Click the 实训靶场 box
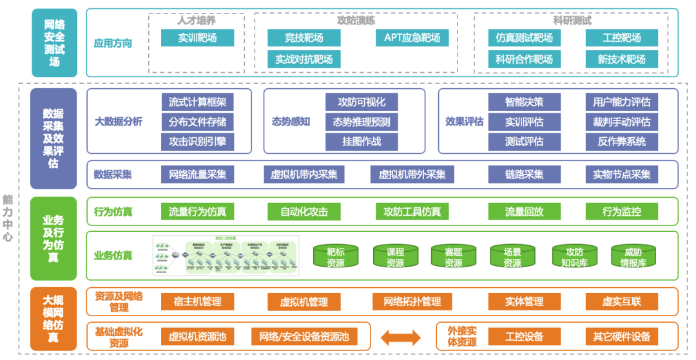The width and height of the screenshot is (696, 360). pos(197,38)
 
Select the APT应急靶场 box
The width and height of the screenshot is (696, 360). pos(412,38)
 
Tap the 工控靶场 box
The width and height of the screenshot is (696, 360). pos(621,38)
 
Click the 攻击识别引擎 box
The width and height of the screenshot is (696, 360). pos(197,141)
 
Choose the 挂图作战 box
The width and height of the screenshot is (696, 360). pos(361,141)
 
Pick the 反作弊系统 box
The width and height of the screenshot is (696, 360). pos(621,141)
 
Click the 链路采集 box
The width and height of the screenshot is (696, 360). pos(524,174)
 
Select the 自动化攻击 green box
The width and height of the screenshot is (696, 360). pos(304,211)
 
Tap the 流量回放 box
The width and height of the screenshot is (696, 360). pos(524,211)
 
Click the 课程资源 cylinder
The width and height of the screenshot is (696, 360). pos(395,256)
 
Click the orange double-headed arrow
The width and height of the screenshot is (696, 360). pos(400,336)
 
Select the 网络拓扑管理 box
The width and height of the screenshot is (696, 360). pos(412,301)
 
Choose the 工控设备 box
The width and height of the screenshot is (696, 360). pos(524,336)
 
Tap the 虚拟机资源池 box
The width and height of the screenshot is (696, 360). pos(197,336)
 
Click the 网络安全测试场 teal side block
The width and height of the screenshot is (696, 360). pos(53,43)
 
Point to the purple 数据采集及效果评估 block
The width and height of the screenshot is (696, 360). pos(53,138)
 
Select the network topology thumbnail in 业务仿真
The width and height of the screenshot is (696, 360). pos(225,256)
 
